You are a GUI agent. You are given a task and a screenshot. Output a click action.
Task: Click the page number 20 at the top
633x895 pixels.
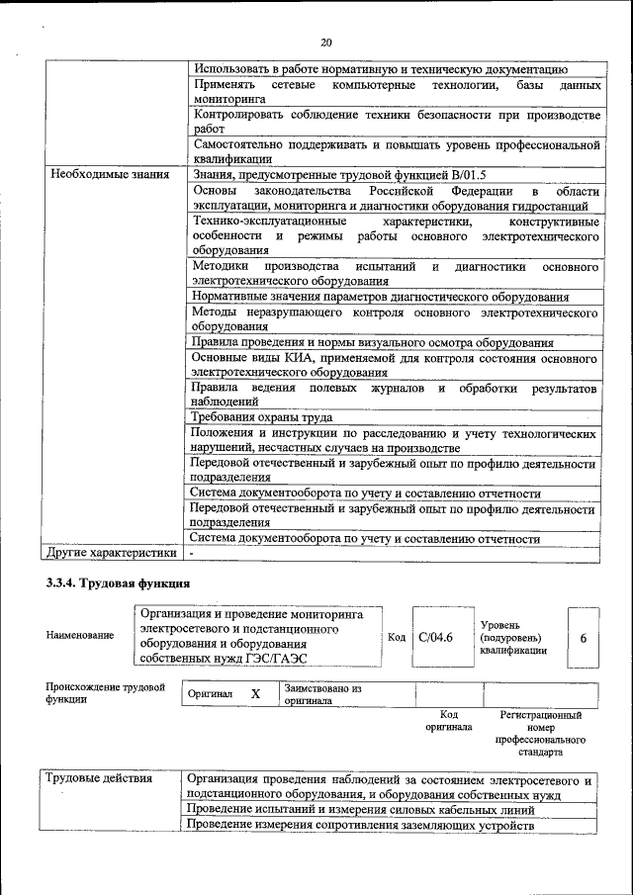point(326,42)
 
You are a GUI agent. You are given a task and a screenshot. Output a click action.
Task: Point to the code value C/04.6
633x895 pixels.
point(435,638)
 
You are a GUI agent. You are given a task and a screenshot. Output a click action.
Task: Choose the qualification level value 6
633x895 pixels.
point(584,638)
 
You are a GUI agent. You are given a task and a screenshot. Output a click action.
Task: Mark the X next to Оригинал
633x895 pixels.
point(255,694)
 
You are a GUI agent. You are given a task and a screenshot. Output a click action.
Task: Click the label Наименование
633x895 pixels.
point(80,635)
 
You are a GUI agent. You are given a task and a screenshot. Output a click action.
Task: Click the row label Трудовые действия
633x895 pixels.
point(100,778)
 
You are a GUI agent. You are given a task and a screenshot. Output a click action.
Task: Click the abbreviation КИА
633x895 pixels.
point(291,357)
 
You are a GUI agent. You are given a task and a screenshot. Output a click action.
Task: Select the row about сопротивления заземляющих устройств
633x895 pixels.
point(360,825)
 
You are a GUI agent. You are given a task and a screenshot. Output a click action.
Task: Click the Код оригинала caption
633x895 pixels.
point(448,720)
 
